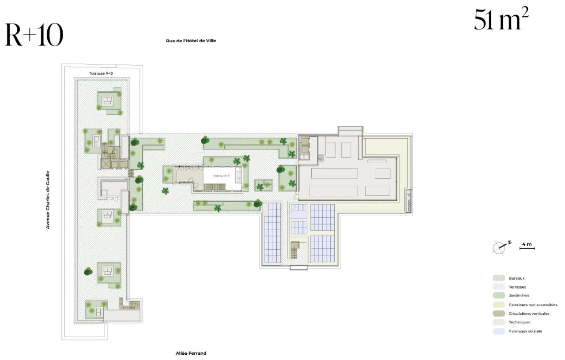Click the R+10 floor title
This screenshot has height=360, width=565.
click(34, 35)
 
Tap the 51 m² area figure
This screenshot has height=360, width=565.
click(501, 20)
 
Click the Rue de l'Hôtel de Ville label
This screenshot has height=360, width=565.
click(191, 41)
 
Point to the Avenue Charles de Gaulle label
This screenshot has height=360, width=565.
click(48, 200)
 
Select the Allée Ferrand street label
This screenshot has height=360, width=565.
click(191, 353)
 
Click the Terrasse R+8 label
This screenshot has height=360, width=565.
click(101, 73)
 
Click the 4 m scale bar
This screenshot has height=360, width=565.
click(527, 248)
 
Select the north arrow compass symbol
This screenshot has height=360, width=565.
click(500, 247)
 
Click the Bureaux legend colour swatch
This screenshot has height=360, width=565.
click(499, 278)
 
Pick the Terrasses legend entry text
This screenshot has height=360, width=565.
click(516, 287)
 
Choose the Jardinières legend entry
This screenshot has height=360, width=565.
click(518, 296)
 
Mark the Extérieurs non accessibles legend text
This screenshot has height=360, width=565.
click(533, 305)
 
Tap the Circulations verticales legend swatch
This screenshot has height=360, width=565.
click(499, 314)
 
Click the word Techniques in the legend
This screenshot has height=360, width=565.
click(519, 322)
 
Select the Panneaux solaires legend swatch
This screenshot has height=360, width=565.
click(499, 331)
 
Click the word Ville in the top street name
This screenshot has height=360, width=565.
click(211, 41)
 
